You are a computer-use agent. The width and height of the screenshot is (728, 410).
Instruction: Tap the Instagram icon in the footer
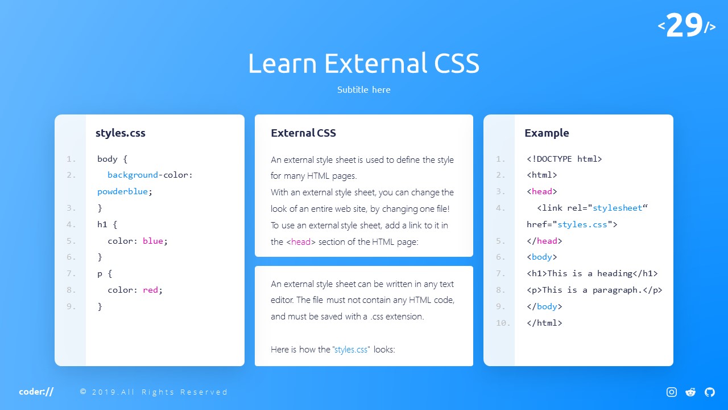pyautogui.click(x=672, y=392)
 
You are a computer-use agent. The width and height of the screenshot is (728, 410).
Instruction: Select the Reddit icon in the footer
pyautogui.click(x=690, y=392)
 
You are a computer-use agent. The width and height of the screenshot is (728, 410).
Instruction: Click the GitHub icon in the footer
pyautogui.click(x=710, y=392)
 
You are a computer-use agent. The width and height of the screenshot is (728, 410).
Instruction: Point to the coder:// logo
pyautogui.click(x=36, y=391)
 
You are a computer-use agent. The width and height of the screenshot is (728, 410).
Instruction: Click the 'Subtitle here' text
pyautogui.click(x=363, y=89)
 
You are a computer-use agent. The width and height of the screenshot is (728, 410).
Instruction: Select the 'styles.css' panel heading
pyautogui.click(x=120, y=133)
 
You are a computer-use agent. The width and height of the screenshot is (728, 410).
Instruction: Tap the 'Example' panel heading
pyautogui.click(x=547, y=133)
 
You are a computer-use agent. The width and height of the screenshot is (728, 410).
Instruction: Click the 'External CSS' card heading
pyautogui.click(x=303, y=133)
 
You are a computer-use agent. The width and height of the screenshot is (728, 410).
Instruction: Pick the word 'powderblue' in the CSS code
pyautogui.click(x=122, y=191)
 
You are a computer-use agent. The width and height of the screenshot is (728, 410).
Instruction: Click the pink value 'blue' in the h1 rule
pyautogui.click(x=153, y=241)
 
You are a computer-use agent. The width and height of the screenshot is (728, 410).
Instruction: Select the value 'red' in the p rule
pyautogui.click(x=150, y=290)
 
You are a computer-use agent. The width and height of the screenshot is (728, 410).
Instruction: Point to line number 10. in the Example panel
pyautogui.click(x=503, y=323)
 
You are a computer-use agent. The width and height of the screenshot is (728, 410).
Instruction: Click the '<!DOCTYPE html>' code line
pyautogui.click(x=564, y=159)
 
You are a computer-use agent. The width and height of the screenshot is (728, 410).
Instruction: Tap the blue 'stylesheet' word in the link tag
pyautogui.click(x=618, y=208)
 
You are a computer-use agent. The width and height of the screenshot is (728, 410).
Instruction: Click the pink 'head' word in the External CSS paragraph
pyautogui.click(x=301, y=242)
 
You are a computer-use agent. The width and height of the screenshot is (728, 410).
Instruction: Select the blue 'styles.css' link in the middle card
pyautogui.click(x=351, y=350)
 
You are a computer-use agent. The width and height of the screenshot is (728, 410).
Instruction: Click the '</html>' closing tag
pyautogui.click(x=544, y=323)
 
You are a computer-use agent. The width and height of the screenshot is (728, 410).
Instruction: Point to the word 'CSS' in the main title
pyautogui.click(x=457, y=63)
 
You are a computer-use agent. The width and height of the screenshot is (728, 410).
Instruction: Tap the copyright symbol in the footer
pyautogui.click(x=83, y=391)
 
